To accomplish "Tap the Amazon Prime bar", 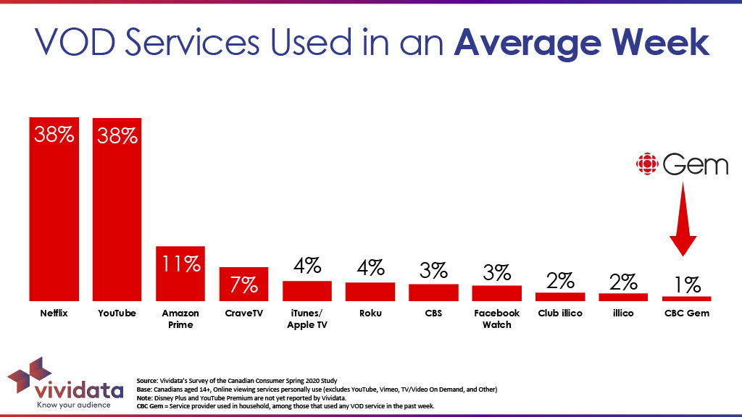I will point(180,273).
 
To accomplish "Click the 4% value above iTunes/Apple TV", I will point(307,266).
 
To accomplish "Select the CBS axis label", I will point(433,313).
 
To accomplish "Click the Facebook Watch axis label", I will point(496,319).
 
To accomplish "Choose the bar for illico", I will point(623,297).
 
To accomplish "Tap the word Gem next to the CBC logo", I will point(695,165).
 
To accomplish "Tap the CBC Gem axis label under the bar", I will point(686,313).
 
